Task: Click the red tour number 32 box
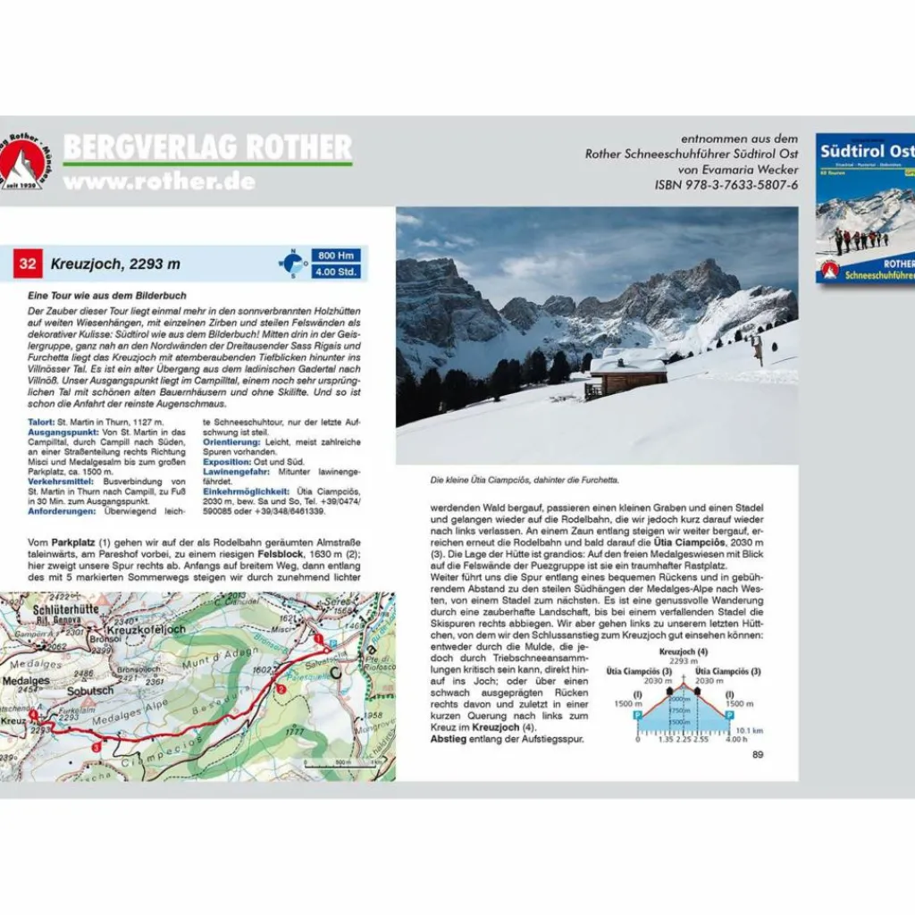click(x=29, y=264)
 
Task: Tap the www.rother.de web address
click(x=159, y=181)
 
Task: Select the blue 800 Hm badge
click(x=336, y=256)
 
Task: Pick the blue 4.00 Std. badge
click(x=336, y=272)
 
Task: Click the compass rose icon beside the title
click(x=292, y=264)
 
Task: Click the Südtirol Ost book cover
click(x=865, y=208)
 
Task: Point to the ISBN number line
click(x=726, y=185)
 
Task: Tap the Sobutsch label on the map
click(x=91, y=692)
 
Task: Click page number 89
click(x=758, y=754)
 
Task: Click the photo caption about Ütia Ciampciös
click(x=525, y=480)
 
